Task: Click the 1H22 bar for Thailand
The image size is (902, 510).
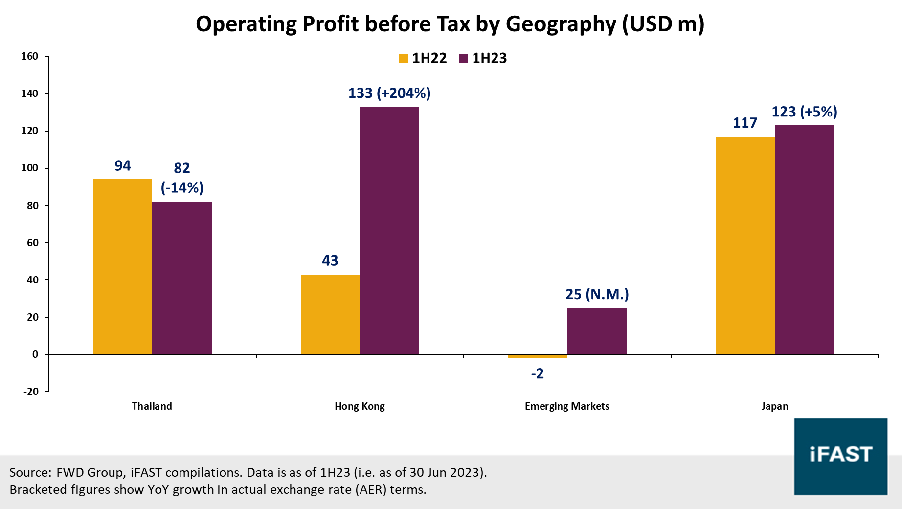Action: tap(122, 267)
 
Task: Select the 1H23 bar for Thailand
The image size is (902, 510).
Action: tap(182, 278)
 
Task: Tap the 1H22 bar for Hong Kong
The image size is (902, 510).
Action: tap(330, 314)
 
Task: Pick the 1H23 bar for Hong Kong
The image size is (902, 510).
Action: tap(389, 230)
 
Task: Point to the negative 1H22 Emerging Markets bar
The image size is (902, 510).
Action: tap(538, 356)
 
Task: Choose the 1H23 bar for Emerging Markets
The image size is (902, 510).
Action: tap(597, 331)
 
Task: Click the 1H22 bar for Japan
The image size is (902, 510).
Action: tap(745, 245)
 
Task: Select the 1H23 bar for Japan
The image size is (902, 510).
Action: tap(804, 240)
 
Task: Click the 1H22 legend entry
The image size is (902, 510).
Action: tap(423, 58)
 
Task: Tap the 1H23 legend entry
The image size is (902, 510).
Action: tap(483, 58)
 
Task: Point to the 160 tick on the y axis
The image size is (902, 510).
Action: tap(30, 56)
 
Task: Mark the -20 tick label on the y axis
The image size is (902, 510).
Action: tap(31, 392)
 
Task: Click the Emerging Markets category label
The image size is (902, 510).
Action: tap(567, 406)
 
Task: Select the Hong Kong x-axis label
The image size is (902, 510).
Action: tap(360, 406)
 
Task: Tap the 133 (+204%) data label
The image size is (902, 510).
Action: tap(389, 93)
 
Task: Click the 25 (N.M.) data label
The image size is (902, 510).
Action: tap(597, 294)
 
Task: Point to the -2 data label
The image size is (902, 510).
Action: tap(537, 374)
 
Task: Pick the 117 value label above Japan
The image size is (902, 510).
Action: tap(744, 123)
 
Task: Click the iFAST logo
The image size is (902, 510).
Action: tap(840, 456)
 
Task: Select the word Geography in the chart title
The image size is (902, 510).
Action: tap(561, 24)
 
